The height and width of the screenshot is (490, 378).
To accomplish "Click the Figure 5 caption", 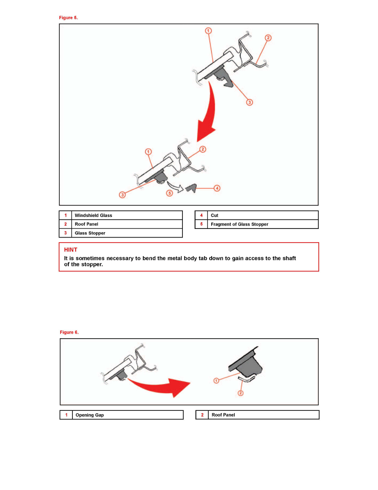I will (x=68, y=18).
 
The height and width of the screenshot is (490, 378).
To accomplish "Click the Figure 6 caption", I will (x=69, y=332).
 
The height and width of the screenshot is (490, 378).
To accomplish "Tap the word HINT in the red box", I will (x=70, y=250).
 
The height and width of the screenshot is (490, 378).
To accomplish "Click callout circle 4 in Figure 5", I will (x=217, y=188).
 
